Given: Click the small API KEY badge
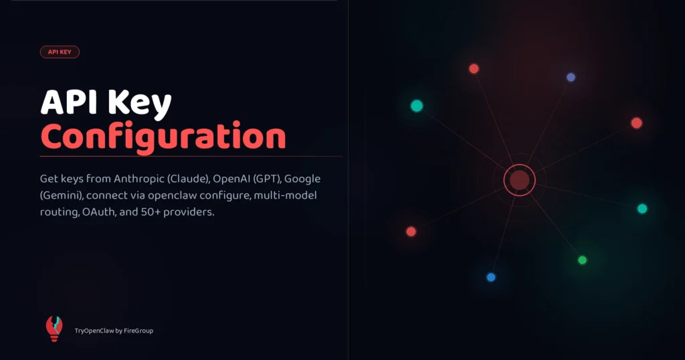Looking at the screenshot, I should [60, 52].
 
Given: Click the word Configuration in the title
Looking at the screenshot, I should [163, 137].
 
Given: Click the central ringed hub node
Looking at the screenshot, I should [520, 179].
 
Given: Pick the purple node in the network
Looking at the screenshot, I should [571, 77].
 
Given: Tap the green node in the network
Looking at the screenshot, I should [582, 260].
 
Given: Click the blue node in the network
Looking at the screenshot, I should [491, 277].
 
